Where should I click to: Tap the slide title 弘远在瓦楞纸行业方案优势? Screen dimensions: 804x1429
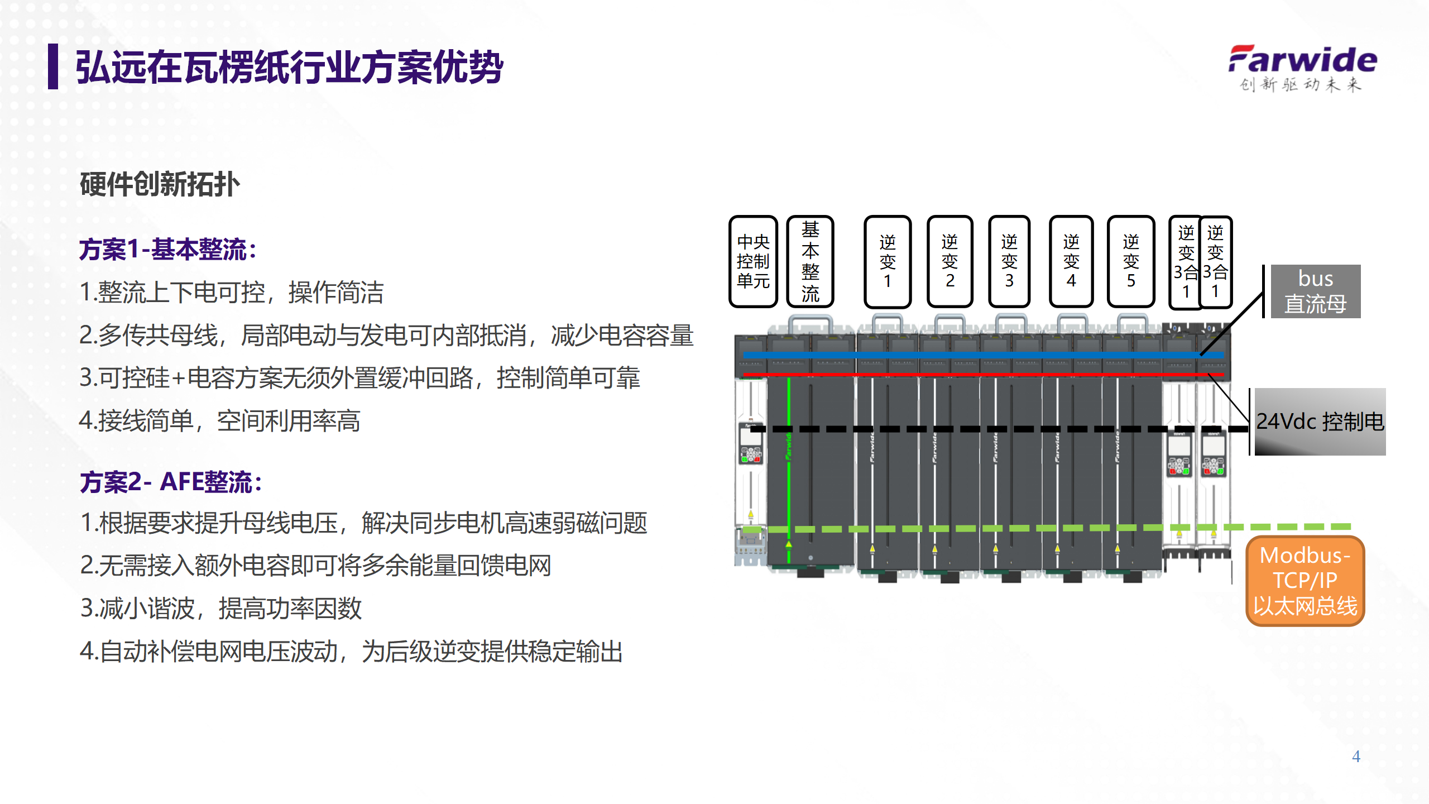tap(289, 68)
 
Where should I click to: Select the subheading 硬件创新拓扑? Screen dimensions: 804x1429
tap(160, 184)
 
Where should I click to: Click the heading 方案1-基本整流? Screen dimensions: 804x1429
tap(167, 250)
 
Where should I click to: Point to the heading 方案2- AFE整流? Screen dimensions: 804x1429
tap(171, 482)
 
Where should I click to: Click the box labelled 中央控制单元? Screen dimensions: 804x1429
tap(753, 261)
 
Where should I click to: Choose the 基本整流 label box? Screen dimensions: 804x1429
tap(810, 261)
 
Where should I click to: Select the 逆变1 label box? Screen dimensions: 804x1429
tap(887, 261)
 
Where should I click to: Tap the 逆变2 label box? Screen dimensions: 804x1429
tap(950, 261)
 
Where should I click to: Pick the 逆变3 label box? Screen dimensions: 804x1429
tap(1009, 261)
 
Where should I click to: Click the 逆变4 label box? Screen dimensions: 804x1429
tap(1071, 261)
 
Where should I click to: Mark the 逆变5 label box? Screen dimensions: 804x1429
tap(1130, 261)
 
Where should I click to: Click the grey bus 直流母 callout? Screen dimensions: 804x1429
tap(1315, 291)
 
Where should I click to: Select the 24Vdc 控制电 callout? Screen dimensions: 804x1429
tap(1320, 422)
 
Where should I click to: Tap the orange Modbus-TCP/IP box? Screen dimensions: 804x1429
tap(1305, 581)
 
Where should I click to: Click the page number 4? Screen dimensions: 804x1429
tap(1356, 757)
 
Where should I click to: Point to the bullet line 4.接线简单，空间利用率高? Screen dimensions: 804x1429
tap(220, 421)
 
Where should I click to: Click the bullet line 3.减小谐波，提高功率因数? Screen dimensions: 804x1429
tap(221, 609)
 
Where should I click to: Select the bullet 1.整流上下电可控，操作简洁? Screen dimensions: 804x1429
tap(232, 293)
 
